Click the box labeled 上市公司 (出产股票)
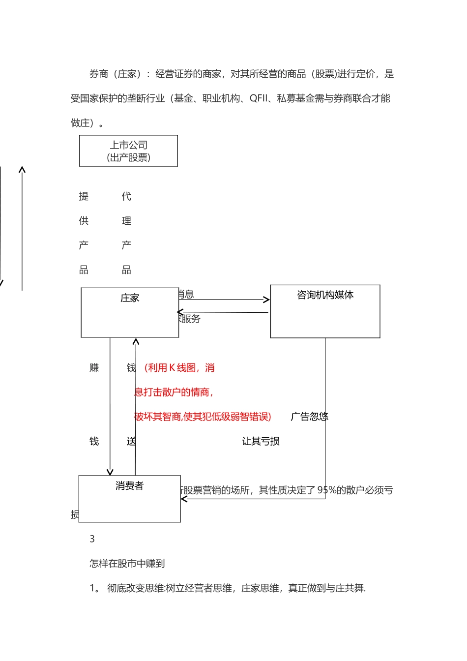(128, 151)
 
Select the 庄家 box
(130, 313)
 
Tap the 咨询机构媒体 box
(325, 311)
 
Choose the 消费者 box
(129, 499)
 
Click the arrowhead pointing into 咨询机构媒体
(267, 300)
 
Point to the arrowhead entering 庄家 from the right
(180, 312)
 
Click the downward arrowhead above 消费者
(110, 472)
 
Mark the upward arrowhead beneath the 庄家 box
(136, 341)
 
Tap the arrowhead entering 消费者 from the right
(184, 499)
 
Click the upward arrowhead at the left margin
(22, 170)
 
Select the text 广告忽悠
(309, 417)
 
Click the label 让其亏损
(261, 441)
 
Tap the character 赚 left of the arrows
(94, 367)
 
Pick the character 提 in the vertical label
(84, 196)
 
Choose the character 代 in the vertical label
(126, 196)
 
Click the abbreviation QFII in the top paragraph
(259, 98)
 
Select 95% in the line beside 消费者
(327, 490)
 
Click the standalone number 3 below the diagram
(92, 539)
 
